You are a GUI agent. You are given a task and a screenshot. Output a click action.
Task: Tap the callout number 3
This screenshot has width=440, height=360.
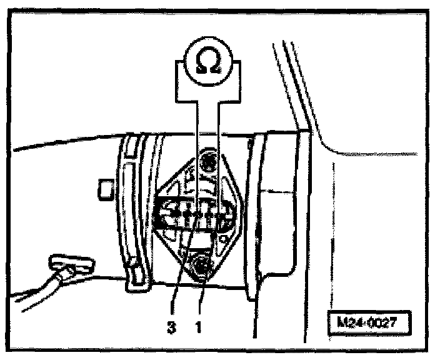[171, 326]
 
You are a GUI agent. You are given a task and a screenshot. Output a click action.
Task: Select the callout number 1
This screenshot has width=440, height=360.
[199, 326]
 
